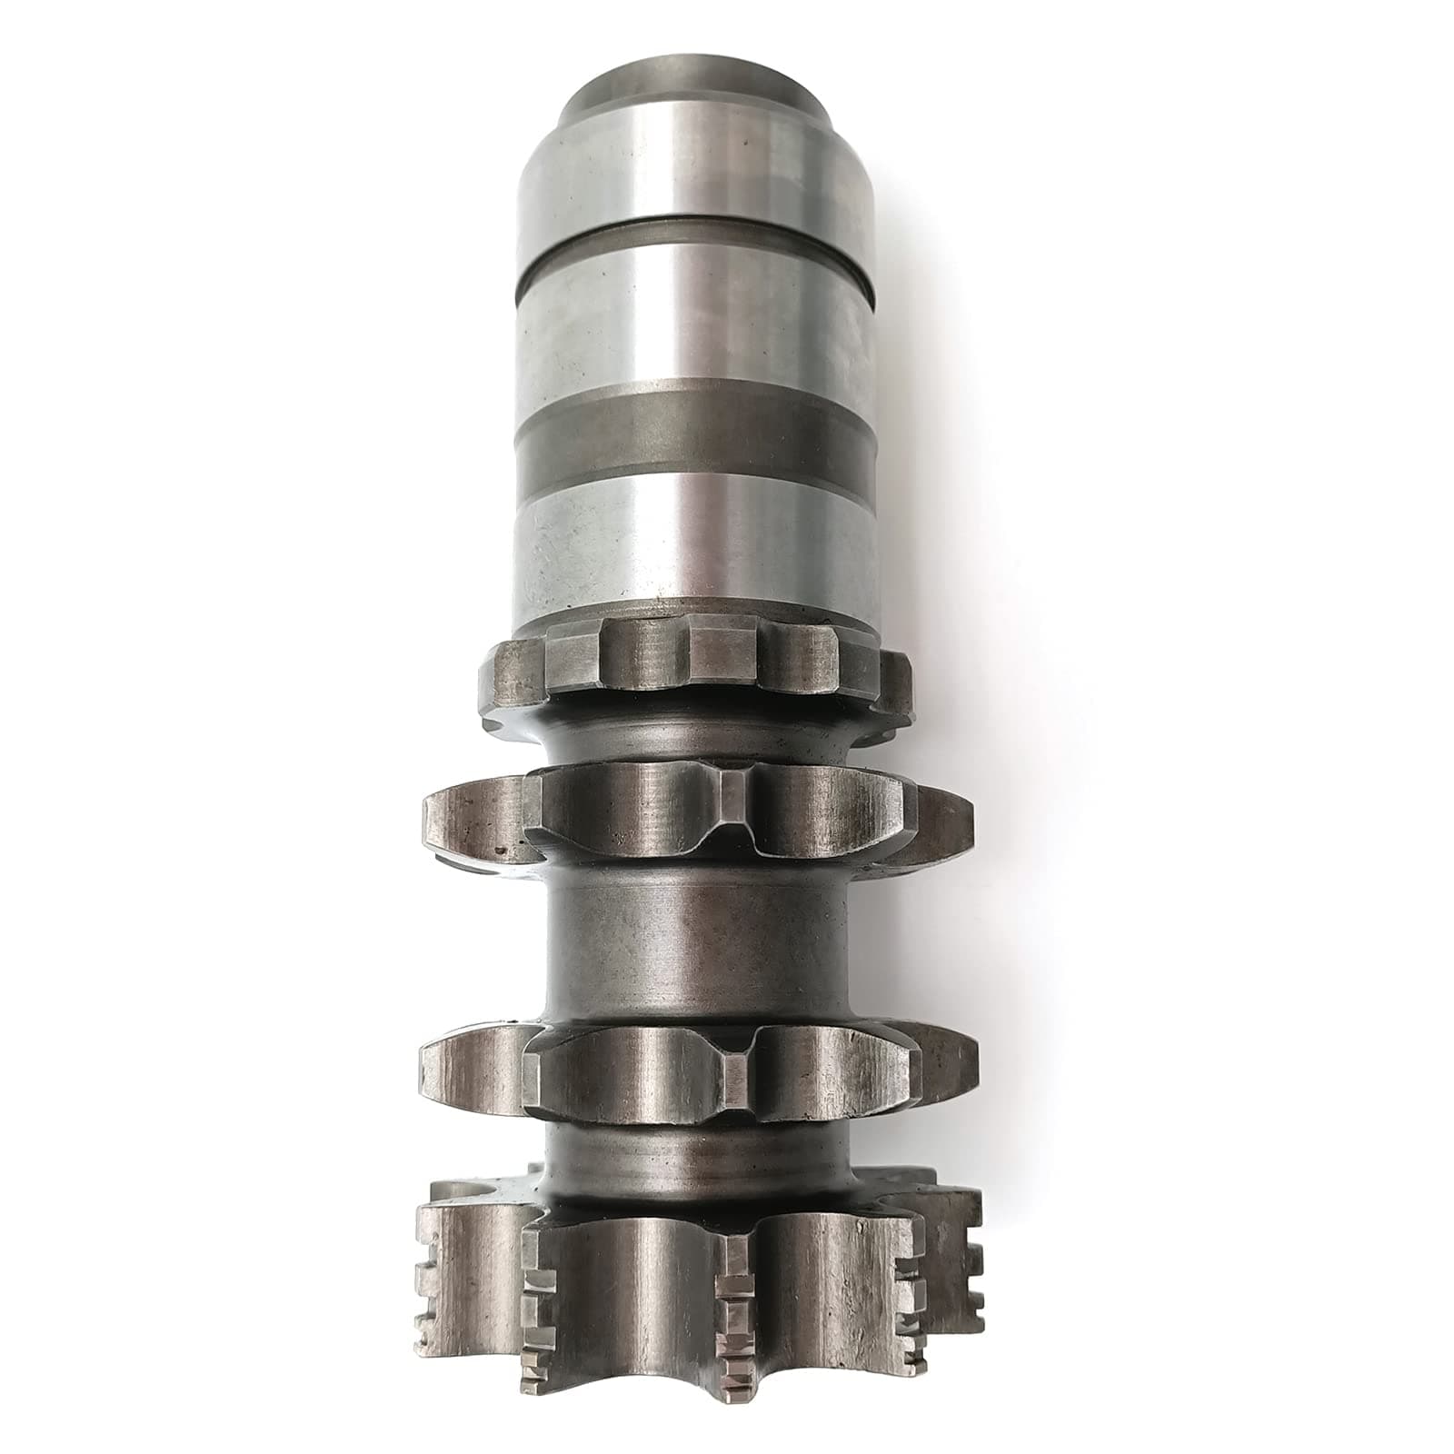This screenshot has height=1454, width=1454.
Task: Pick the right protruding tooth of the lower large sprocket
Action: (945, 1072)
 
